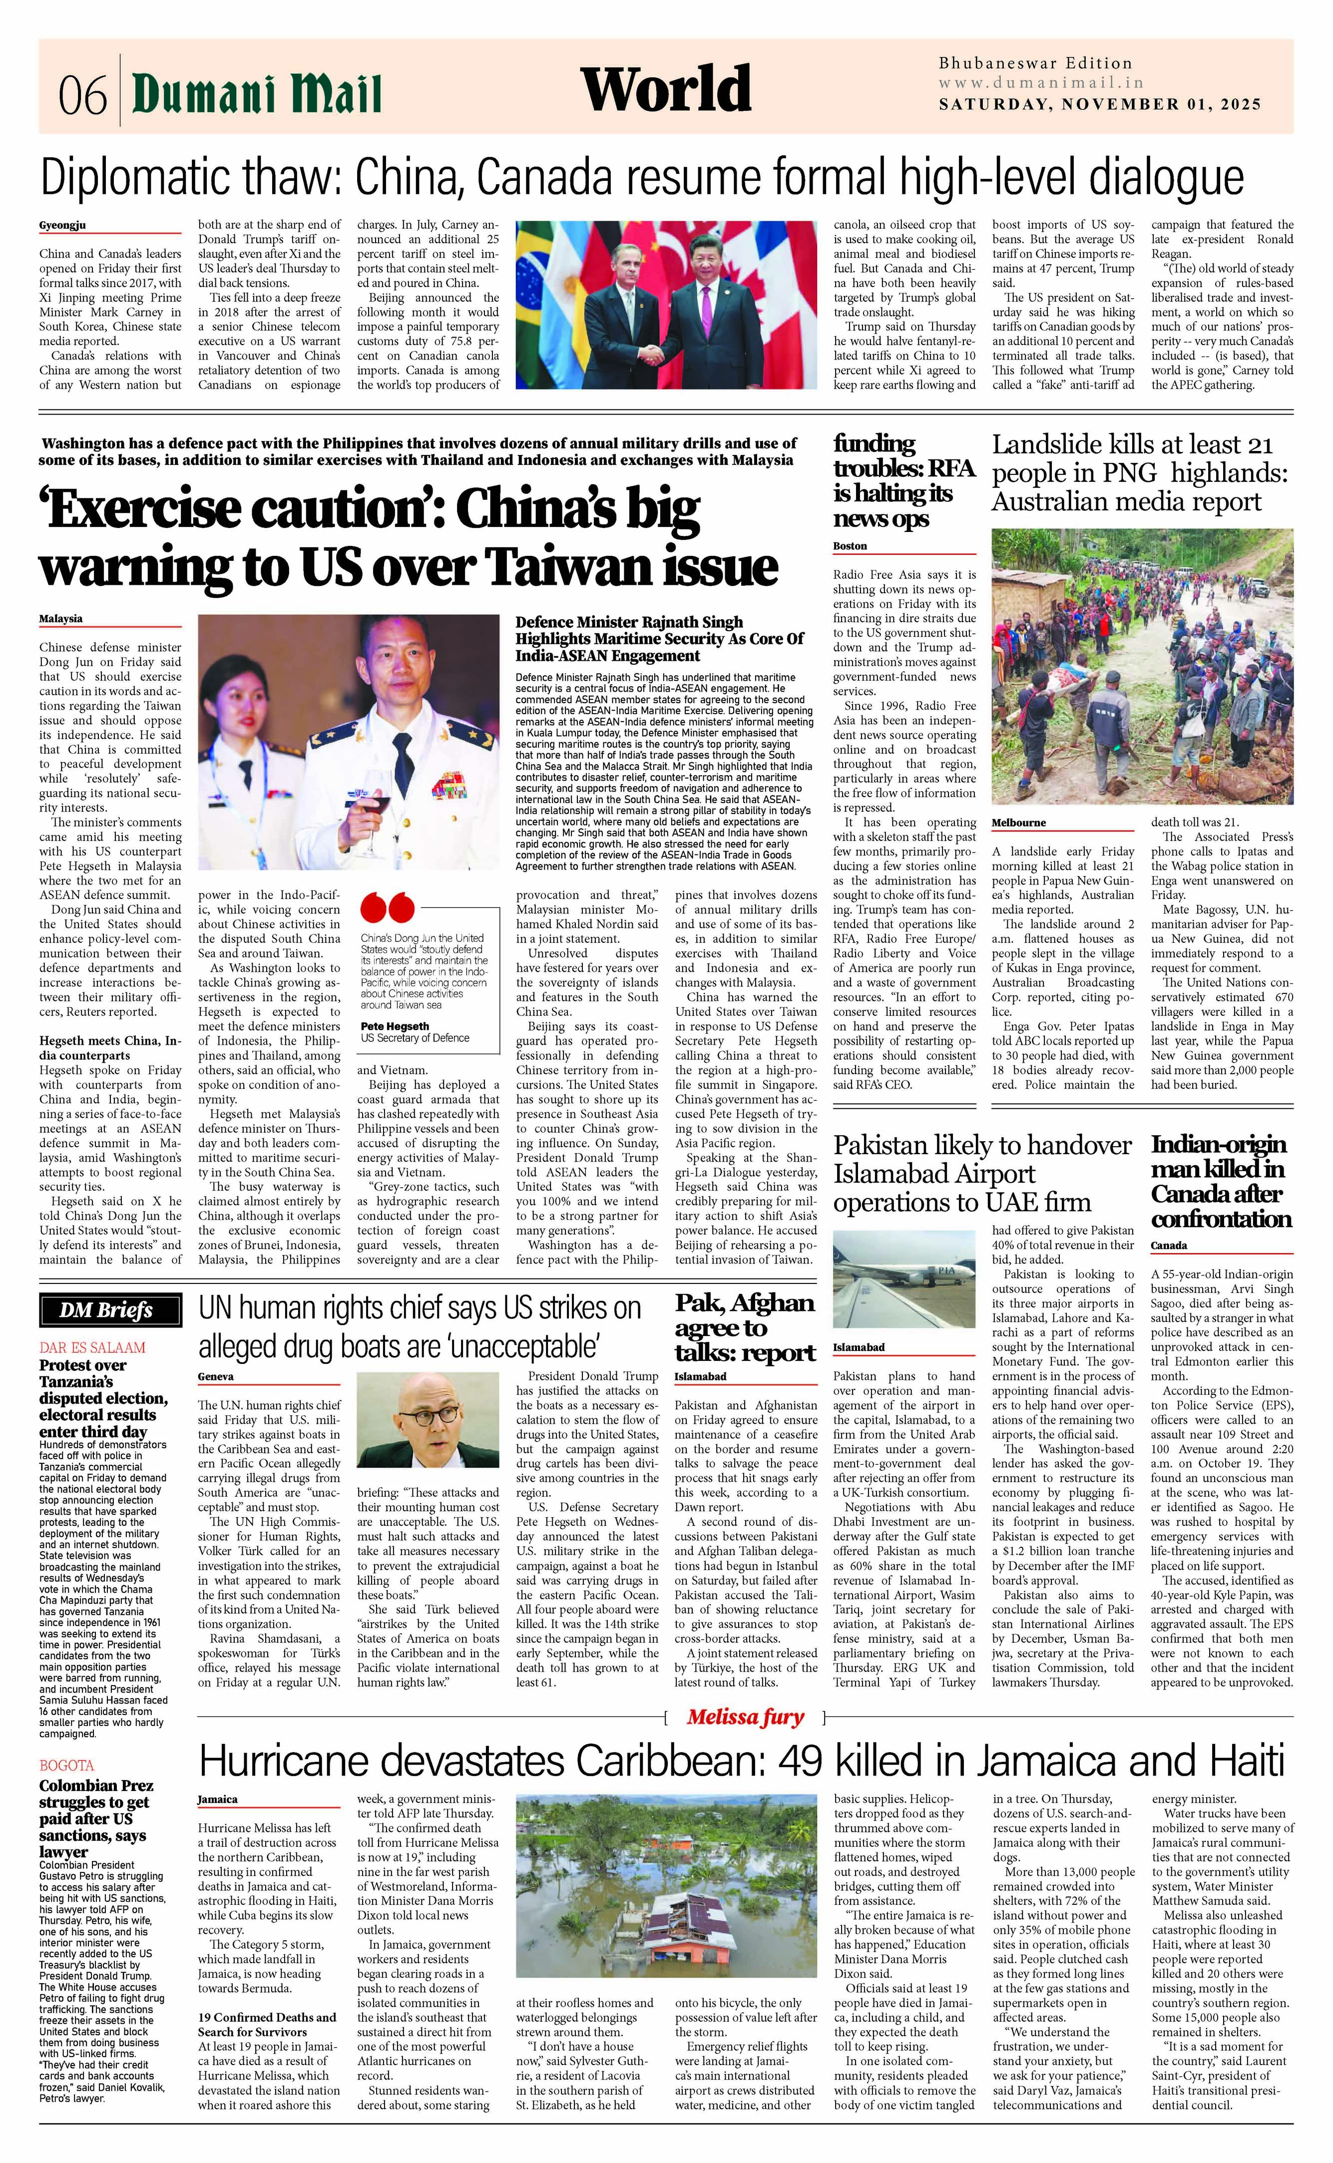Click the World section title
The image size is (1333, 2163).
coord(666,90)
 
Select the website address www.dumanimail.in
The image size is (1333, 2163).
coord(1040,83)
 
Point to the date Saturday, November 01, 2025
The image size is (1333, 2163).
coord(1099,104)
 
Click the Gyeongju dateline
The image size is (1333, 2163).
coord(62,226)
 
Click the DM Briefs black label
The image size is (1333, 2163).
coord(110,1310)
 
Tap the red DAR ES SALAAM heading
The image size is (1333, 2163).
coord(92,1347)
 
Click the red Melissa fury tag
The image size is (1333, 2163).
coord(745,1717)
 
